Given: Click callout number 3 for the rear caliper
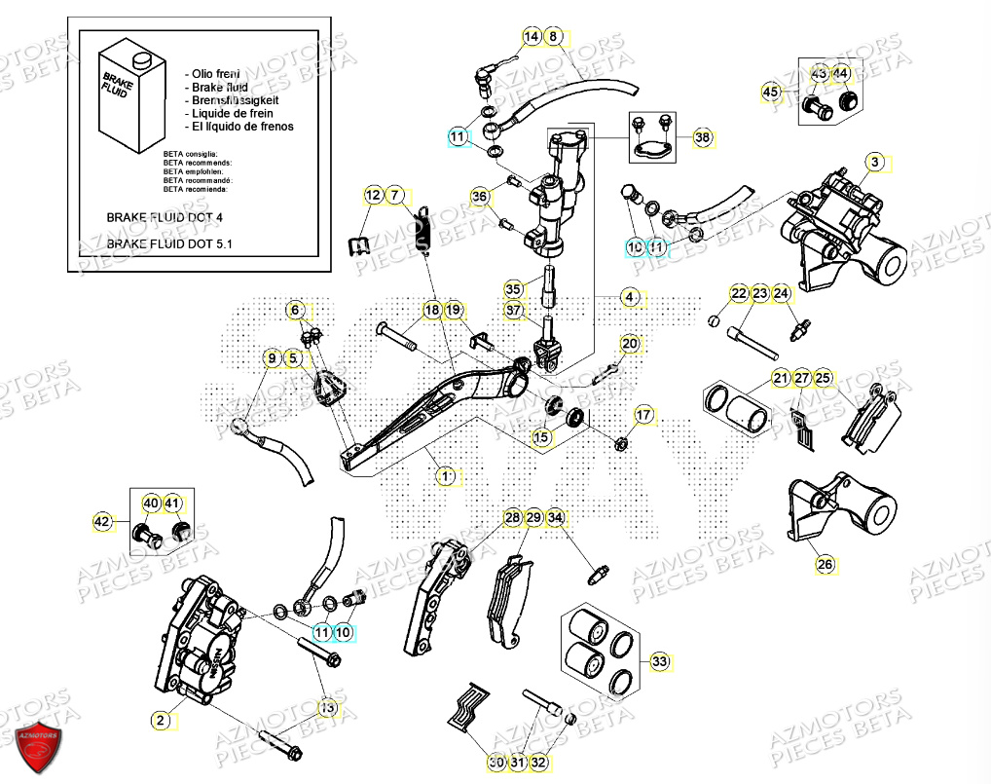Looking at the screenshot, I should tap(874, 163).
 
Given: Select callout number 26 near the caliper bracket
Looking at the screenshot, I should tap(825, 563).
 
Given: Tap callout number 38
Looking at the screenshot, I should tap(703, 139).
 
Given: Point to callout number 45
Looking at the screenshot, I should tap(771, 93).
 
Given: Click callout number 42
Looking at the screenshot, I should tap(103, 522).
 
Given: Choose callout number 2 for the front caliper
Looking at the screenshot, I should tap(159, 721).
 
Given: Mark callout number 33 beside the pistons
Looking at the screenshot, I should tap(661, 662).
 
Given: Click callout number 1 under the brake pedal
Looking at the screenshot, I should tap(445, 476).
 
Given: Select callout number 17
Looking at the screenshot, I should tap(643, 416).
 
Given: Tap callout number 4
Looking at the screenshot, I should tap(630, 297).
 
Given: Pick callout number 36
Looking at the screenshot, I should tap(479, 197).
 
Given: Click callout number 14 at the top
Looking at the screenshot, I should tap(532, 37).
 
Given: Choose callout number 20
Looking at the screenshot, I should tap(630, 344).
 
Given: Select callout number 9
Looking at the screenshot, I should tap(273, 358).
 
